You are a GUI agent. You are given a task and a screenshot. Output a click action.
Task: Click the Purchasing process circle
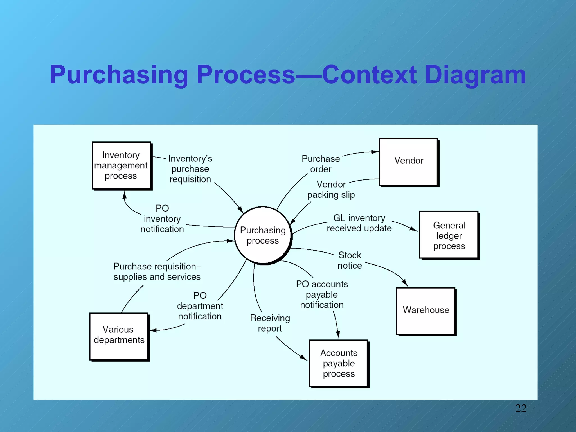coord(263,235)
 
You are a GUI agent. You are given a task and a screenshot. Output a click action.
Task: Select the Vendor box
coord(408,161)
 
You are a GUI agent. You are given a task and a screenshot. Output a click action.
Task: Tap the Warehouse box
coord(426,310)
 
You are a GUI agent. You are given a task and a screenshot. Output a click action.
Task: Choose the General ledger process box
coord(449,235)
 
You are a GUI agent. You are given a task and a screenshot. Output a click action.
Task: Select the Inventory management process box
coord(121,166)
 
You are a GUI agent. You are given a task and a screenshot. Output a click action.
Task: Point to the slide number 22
coord(521,408)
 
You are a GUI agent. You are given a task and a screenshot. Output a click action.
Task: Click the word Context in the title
coord(369,75)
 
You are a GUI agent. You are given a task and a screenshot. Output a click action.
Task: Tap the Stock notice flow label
coord(350,260)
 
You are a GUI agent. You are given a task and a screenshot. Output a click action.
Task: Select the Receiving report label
coord(270,323)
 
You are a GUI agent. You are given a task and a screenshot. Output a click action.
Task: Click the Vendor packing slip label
coord(331,190)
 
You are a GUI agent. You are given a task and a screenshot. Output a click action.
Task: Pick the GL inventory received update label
coord(359,223)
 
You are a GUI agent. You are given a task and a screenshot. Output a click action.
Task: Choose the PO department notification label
coord(200,306)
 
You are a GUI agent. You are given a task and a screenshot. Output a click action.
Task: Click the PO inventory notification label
coord(162,219)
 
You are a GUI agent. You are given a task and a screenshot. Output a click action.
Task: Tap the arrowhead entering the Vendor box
coord(375,152)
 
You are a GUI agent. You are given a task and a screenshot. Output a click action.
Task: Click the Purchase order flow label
coord(321,164)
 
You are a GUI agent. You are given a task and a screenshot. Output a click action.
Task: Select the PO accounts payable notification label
coord(322,294)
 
